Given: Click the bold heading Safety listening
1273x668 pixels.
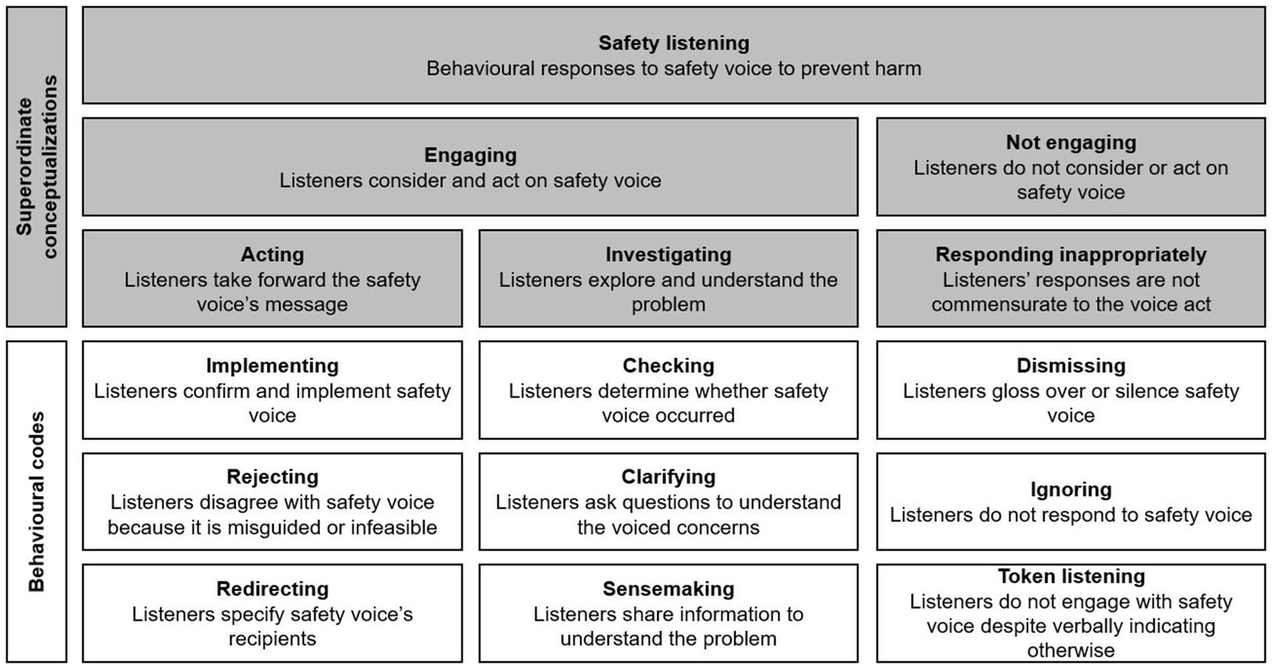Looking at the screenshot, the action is pyautogui.click(x=673, y=43).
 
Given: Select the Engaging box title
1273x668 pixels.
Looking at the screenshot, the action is pyautogui.click(x=470, y=155).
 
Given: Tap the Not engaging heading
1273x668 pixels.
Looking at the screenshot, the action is pyautogui.click(x=1070, y=143).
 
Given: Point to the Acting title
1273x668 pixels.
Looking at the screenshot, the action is pyautogui.click(x=272, y=254).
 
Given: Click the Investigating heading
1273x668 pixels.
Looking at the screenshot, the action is pyautogui.click(x=668, y=254).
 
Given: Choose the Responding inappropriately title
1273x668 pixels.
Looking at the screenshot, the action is pyautogui.click(x=1070, y=254).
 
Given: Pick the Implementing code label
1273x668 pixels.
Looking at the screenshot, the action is pyautogui.click(x=272, y=365).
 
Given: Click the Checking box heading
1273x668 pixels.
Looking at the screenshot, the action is pyautogui.click(x=668, y=365).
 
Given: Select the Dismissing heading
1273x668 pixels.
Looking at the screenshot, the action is pyautogui.click(x=1070, y=365).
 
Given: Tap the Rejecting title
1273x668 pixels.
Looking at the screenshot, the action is pyautogui.click(x=272, y=477).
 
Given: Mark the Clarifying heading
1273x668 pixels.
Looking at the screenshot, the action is pyautogui.click(x=668, y=477).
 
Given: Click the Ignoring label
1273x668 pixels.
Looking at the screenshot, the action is pyautogui.click(x=1070, y=489).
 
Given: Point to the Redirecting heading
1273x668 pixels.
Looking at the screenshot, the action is pyautogui.click(x=272, y=589).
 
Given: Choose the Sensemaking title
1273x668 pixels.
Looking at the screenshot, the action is pyautogui.click(x=668, y=589).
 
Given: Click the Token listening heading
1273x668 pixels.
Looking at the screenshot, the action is pyautogui.click(x=1070, y=576).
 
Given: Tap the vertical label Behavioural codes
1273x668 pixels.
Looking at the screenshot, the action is pyautogui.click(x=36, y=501).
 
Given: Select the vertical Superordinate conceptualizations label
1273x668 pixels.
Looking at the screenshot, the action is pyautogui.click(x=36, y=167).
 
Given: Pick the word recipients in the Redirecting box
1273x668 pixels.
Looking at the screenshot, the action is pyautogui.click(x=272, y=639).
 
